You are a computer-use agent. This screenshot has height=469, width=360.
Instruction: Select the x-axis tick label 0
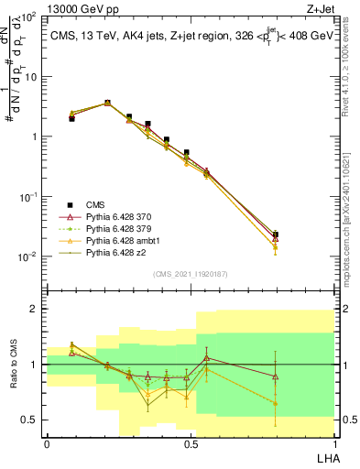[x=47, y=444]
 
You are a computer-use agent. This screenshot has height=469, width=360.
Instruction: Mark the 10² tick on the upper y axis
[x=30, y=17]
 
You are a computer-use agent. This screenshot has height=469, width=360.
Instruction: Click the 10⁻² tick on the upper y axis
[x=30, y=256]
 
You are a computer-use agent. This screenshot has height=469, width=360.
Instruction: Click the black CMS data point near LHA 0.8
[x=276, y=234]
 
